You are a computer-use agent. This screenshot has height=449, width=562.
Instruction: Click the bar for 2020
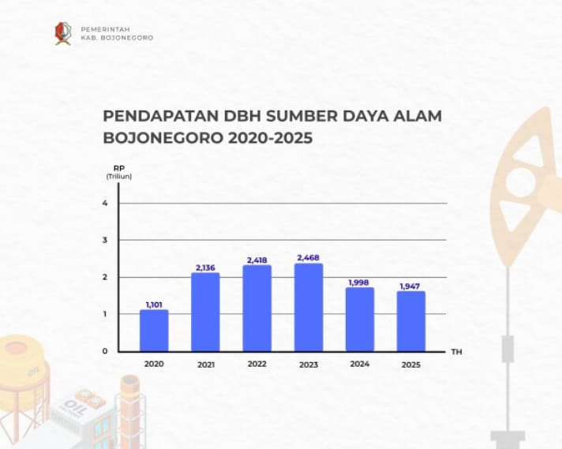pyautogui.click(x=154, y=330)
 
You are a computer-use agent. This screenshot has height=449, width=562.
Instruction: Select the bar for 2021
pyautogui.click(x=205, y=312)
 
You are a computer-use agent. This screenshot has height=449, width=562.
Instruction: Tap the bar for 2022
pyautogui.click(x=257, y=308)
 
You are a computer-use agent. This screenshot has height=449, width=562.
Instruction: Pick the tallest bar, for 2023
pyautogui.click(x=309, y=307)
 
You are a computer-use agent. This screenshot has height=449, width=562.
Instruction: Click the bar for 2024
pyautogui.click(x=359, y=319)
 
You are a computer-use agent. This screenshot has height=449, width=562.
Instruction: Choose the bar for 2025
pyautogui.click(x=410, y=321)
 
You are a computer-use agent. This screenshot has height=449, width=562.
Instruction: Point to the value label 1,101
pyautogui.click(x=154, y=304)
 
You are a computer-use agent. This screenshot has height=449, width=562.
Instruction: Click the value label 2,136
pyautogui.click(x=205, y=268)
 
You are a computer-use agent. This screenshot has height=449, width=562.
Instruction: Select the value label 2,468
pyautogui.click(x=309, y=257)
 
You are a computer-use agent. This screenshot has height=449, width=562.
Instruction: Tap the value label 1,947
pyautogui.click(x=410, y=286)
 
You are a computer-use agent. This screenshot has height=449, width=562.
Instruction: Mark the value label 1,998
pyautogui.click(x=359, y=282)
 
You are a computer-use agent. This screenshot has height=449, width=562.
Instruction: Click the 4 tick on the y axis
pyautogui.click(x=106, y=204)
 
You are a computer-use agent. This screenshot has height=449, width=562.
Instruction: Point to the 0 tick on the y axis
pyautogui.click(x=106, y=351)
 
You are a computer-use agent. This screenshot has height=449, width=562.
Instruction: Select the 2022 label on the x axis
pyautogui.click(x=257, y=365)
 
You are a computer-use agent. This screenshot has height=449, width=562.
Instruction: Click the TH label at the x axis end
pyautogui.click(x=456, y=351)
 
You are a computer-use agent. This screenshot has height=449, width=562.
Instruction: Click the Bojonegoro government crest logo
pyautogui.click(x=62, y=33)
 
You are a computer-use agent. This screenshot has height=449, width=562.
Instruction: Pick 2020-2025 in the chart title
pyautogui.click(x=270, y=138)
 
